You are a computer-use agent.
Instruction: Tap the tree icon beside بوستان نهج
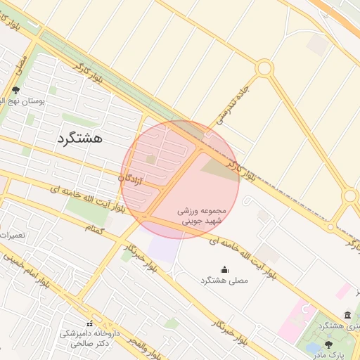(15, 90)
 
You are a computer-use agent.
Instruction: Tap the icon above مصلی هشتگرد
(224, 269)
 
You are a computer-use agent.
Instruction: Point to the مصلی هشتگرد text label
(224, 281)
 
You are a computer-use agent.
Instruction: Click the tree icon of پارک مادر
(329, 345)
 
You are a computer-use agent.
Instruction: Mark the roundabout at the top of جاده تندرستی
(264, 68)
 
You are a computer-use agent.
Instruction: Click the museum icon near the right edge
(347, 315)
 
